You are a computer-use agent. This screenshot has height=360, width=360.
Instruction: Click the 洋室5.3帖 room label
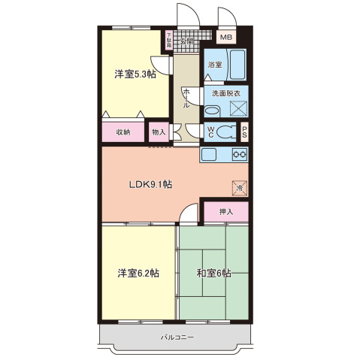tap(135, 74)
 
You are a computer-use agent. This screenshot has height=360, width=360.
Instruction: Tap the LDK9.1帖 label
tap(150, 184)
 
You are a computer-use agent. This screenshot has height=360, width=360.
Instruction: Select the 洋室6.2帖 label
tap(137, 273)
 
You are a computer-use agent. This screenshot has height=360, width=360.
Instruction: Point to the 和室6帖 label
tap(213, 273)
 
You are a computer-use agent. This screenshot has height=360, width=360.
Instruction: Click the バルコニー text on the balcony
tap(177, 337)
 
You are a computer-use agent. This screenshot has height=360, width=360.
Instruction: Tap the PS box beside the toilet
tap(244, 133)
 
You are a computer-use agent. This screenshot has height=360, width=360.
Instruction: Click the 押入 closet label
tap(225, 212)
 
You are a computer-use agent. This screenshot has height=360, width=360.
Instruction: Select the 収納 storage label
tap(123, 132)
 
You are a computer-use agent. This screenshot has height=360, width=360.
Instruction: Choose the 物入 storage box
tap(159, 132)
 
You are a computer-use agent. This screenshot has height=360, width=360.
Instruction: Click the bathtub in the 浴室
tap(237, 65)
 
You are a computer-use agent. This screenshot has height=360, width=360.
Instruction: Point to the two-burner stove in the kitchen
tap(240, 155)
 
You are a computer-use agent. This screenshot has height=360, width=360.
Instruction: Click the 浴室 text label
tap(215, 65)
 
